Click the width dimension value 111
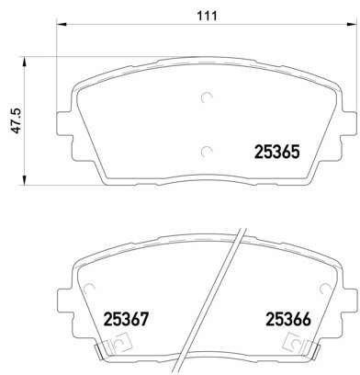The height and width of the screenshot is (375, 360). click(x=205, y=13)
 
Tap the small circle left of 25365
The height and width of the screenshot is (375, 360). click(x=206, y=153)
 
